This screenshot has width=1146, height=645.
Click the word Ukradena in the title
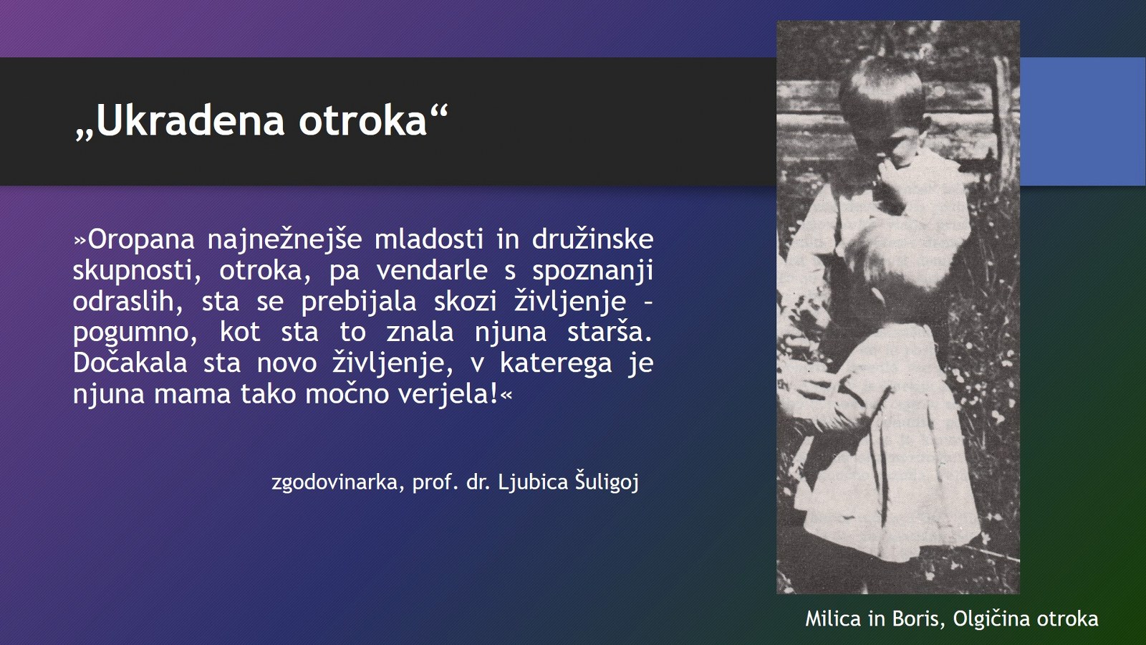pos(190,121)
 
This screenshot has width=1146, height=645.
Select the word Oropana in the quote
pos(141,240)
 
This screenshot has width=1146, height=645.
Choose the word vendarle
pos(432,269)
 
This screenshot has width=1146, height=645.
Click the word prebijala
pos(358,302)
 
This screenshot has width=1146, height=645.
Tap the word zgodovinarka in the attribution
pos(334,483)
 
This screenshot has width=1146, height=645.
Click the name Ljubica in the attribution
pos(533,482)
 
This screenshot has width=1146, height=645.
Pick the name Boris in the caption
pos(919,619)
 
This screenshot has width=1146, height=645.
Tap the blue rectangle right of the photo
pos(1082,121)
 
